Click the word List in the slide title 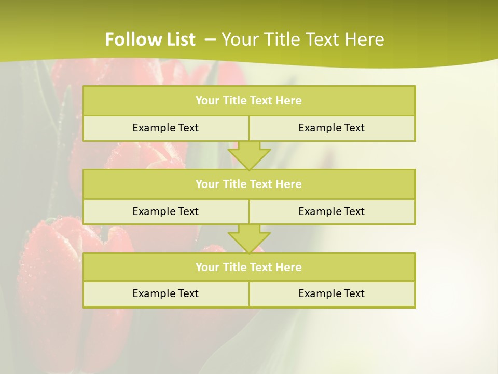(x=177, y=39)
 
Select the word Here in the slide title (x=366, y=39)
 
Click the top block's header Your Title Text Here (x=248, y=101)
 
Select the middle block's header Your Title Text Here (x=248, y=184)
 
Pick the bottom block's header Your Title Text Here (x=248, y=267)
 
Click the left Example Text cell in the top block (x=165, y=128)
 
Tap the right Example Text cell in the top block (x=331, y=128)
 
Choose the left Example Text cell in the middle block (x=165, y=211)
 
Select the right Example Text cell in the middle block (x=331, y=211)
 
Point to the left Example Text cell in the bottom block (x=165, y=293)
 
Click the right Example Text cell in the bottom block (x=331, y=293)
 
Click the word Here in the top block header (x=289, y=101)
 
